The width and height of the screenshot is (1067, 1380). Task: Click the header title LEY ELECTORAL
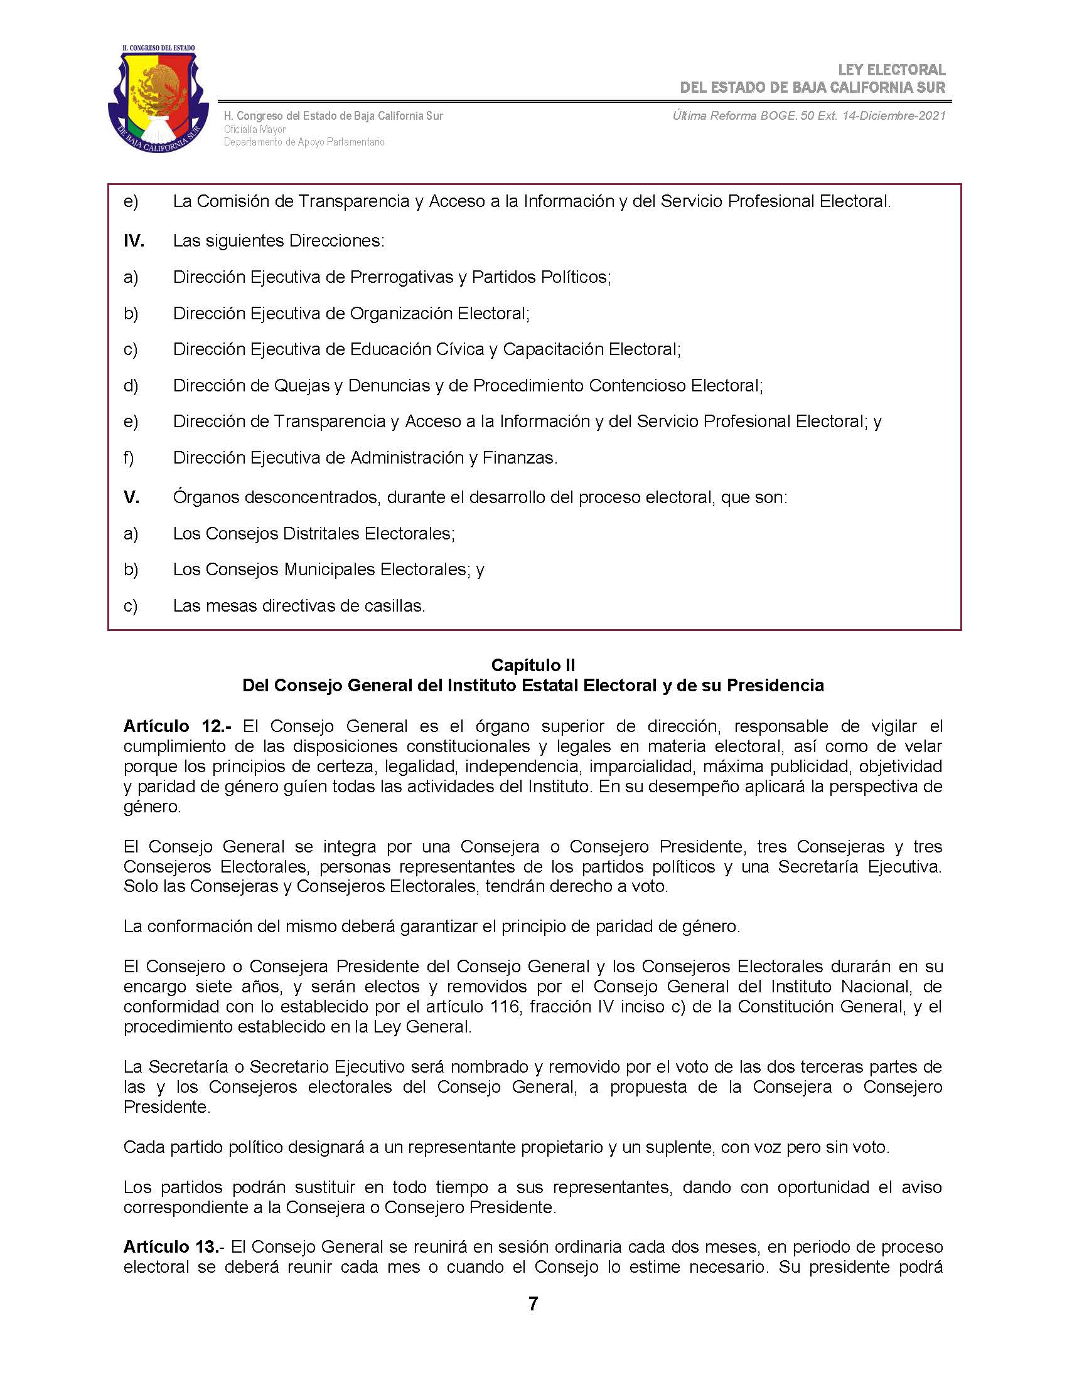click(x=891, y=70)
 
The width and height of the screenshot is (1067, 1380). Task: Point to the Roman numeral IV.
click(x=133, y=241)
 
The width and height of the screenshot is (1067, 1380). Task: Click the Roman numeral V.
click(x=131, y=497)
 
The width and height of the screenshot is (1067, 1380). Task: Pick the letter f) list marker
click(x=129, y=457)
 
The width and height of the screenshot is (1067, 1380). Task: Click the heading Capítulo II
click(x=533, y=665)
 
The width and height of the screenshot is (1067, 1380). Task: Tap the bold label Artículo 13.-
click(x=173, y=1246)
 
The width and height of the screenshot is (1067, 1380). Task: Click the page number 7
click(x=533, y=1303)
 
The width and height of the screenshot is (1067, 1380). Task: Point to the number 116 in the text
click(x=505, y=1006)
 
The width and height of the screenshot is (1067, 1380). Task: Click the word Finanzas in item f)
click(x=520, y=457)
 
